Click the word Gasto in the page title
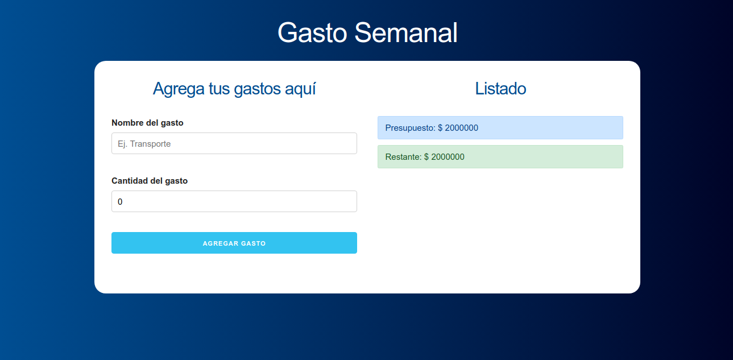click(x=312, y=33)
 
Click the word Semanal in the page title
click(x=406, y=33)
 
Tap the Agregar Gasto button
click(x=234, y=243)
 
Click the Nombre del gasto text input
click(x=234, y=143)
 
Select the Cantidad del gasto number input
click(x=234, y=201)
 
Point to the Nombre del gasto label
click(x=147, y=123)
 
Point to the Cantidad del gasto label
click(x=150, y=181)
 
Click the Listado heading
click(x=500, y=88)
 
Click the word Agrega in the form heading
click(x=179, y=89)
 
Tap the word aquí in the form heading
click(x=300, y=89)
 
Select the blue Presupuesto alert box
click(x=500, y=127)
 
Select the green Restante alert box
click(x=500, y=157)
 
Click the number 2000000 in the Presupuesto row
click(x=461, y=127)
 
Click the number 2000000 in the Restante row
click(x=448, y=157)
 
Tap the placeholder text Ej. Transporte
click(x=144, y=144)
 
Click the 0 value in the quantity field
click(x=120, y=201)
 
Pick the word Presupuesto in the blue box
click(x=410, y=128)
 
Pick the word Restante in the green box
click(x=403, y=157)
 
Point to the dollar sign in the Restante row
click(x=426, y=157)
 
